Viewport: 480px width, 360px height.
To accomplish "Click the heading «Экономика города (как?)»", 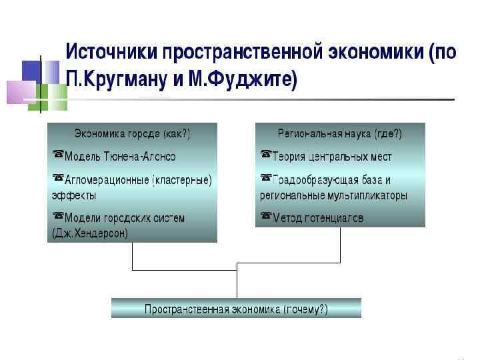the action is point(132,134).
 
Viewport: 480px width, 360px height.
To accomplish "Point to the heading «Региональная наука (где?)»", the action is point(339,134).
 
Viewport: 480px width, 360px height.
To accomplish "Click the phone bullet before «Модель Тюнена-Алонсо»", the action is point(57,156).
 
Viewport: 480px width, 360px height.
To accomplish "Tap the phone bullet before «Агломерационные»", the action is point(57,179).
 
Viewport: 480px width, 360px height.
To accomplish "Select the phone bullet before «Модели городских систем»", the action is point(57,217).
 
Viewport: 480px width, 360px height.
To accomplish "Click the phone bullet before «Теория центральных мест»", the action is point(266,156).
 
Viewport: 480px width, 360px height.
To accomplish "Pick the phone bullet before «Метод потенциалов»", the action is point(266,217).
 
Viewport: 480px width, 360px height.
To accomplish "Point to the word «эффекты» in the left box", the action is point(73,196).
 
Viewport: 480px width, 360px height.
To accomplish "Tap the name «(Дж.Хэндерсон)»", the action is point(90,234).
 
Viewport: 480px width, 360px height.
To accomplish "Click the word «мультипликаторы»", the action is point(366,196).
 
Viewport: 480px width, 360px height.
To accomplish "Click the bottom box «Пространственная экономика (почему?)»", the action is point(236,309).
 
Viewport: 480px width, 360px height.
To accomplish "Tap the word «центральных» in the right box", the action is point(337,157).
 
